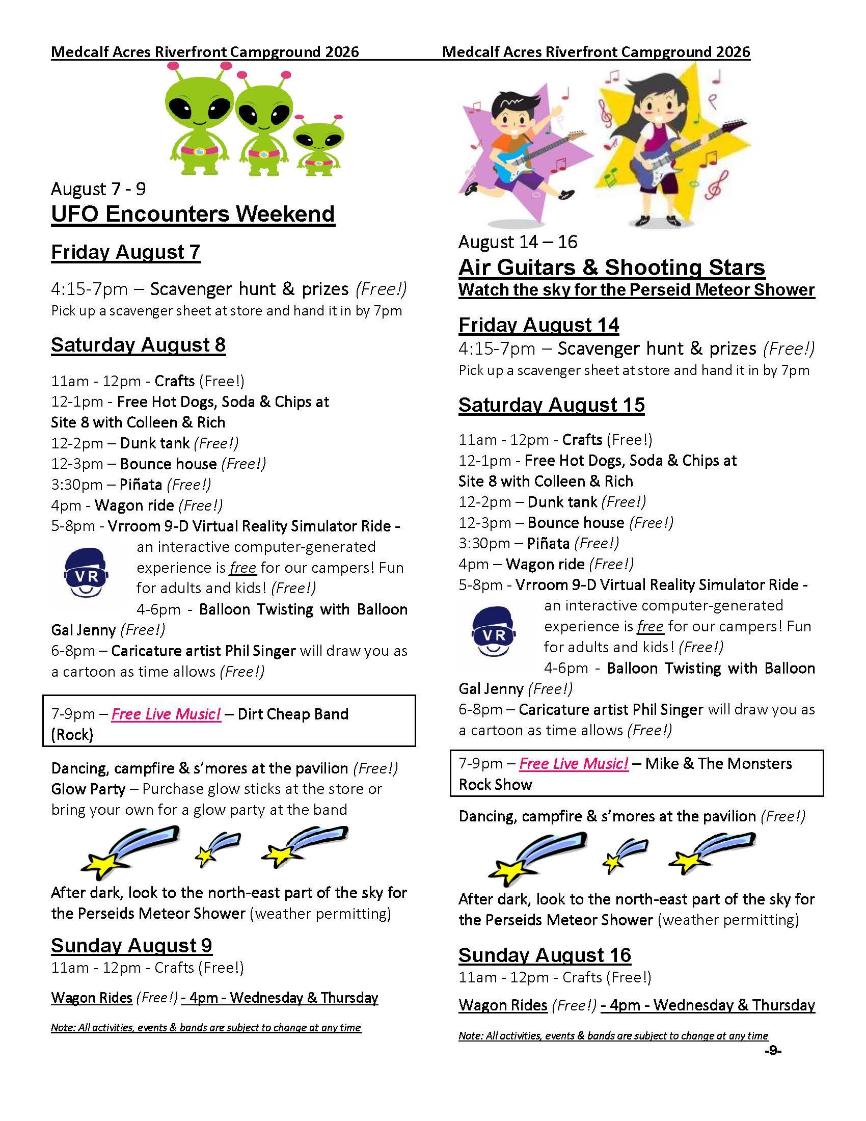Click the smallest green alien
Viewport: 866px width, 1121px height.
[x=318, y=144]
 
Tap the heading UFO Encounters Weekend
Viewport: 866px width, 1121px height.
[x=193, y=214]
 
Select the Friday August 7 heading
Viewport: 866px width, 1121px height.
[x=126, y=252]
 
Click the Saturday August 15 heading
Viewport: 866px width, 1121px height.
[x=552, y=405]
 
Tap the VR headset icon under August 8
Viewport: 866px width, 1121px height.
[x=86, y=573]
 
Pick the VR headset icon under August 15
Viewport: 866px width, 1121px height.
[x=494, y=631]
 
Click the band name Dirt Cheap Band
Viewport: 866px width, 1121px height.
[x=293, y=714]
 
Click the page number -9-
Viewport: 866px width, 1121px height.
[x=773, y=1051]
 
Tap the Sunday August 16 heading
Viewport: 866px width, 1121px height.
[x=545, y=955]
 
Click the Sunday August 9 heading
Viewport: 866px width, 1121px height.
[x=131, y=945]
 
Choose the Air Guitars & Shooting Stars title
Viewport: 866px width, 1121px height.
[x=611, y=268]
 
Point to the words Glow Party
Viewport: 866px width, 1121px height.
[x=88, y=789]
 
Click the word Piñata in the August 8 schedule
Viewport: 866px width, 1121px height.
[x=141, y=485]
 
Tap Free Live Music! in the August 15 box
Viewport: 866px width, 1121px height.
[x=574, y=764]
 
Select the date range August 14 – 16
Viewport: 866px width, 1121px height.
[x=518, y=242]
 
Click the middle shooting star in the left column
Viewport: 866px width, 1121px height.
[x=215, y=850]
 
